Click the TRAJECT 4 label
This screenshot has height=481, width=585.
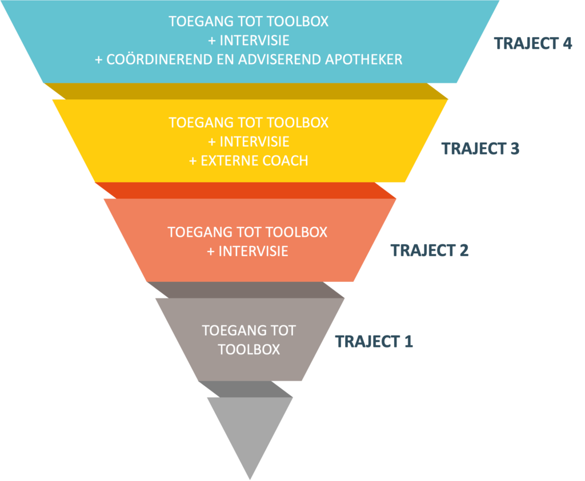coord(533,44)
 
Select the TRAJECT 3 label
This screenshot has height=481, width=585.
coord(480,148)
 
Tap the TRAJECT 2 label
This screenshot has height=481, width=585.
coord(430,250)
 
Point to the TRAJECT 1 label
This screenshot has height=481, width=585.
coord(374,342)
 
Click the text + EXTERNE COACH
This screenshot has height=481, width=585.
coord(249,161)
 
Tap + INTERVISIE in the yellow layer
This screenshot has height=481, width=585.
coord(249,142)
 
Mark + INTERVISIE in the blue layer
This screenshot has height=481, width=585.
coord(249,41)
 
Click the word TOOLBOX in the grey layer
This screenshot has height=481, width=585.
coord(249,349)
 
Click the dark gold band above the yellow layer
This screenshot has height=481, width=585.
coord(246,91)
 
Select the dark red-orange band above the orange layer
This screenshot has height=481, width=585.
coord(246,191)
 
